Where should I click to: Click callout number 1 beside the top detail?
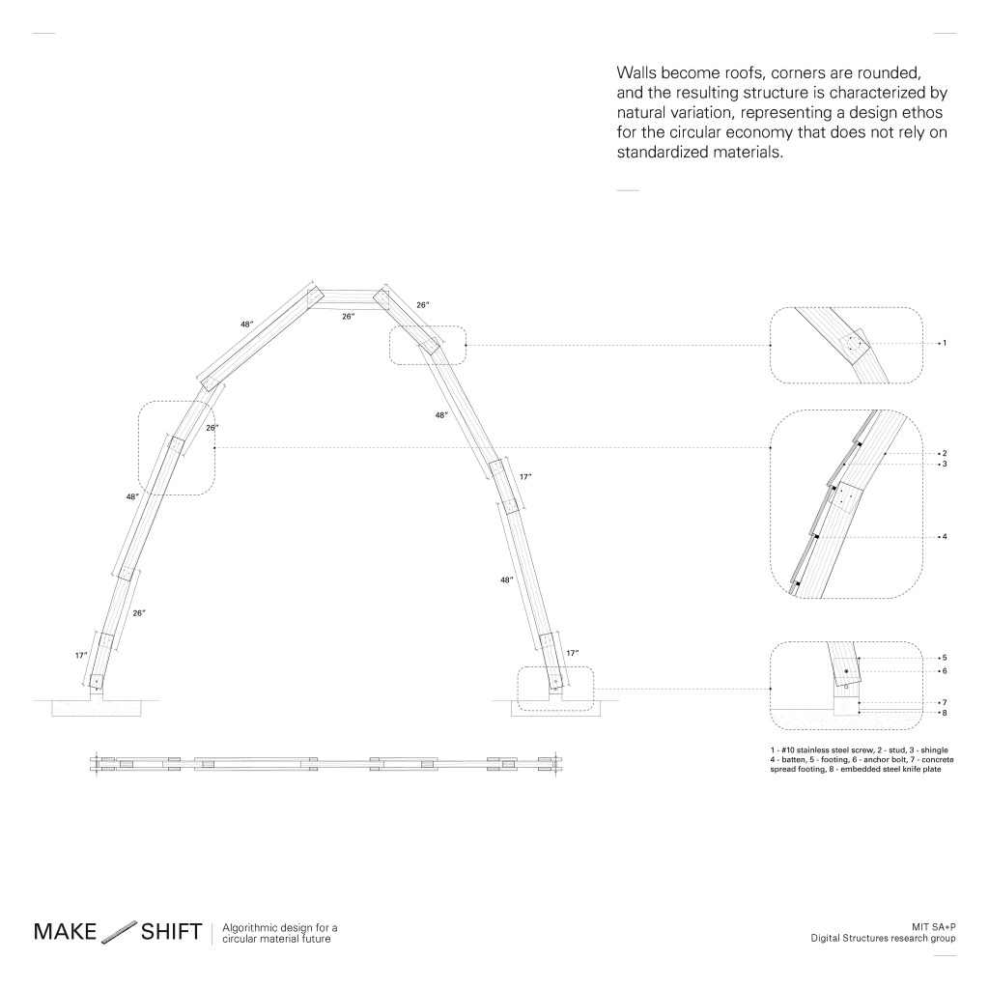click(x=945, y=343)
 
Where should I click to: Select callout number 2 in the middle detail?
click(x=945, y=454)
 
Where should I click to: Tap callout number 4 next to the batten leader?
click(x=945, y=537)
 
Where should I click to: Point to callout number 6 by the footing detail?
click(x=945, y=671)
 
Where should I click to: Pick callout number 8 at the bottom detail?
click(x=945, y=713)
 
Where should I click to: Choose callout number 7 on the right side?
click(x=945, y=703)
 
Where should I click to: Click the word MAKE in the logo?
click(x=65, y=932)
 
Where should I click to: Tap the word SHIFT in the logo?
click(x=172, y=932)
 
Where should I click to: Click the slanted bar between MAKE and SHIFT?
click(x=119, y=931)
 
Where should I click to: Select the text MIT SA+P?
click(x=934, y=927)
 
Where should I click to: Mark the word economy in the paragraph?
click(x=759, y=133)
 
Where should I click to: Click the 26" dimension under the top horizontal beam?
click(x=348, y=317)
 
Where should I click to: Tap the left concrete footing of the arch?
click(x=97, y=708)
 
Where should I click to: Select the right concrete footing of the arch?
click(x=555, y=708)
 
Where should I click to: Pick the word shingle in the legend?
click(x=934, y=750)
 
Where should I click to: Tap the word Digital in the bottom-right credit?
click(x=825, y=939)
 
